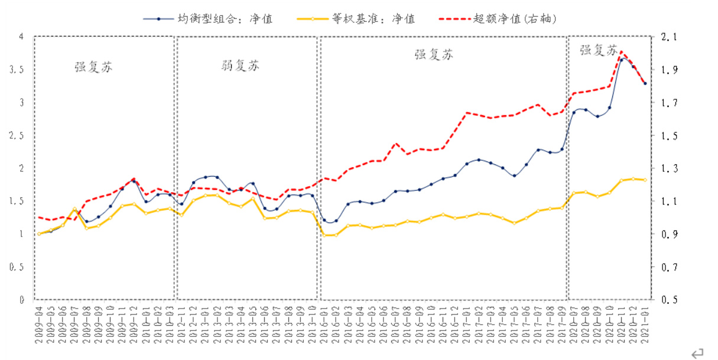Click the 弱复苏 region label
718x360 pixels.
point(238,66)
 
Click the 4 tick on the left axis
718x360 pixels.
point(22,37)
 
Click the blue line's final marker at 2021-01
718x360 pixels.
point(645,83)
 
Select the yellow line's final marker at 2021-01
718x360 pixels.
point(645,180)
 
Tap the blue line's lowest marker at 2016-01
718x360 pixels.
point(324,220)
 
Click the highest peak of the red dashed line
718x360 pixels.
point(620,52)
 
